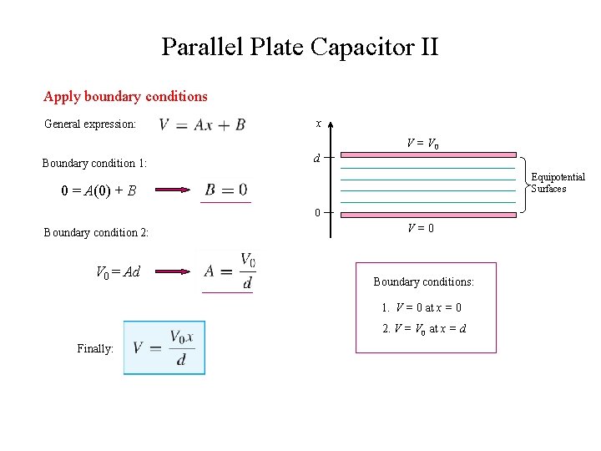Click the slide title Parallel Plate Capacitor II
tap(300, 47)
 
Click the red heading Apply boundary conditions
tap(125, 96)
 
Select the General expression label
tap(89, 124)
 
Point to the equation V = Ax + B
tap(202, 124)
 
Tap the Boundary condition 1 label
tap(94, 163)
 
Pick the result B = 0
tap(225, 190)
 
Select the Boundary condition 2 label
tap(96, 232)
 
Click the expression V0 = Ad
tap(118, 271)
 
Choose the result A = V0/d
tap(228, 271)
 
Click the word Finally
tap(95, 348)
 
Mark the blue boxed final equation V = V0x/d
tap(164, 347)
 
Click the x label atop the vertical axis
tap(318, 123)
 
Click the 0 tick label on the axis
tap(317, 213)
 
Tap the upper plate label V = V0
tap(423, 144)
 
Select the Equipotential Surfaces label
tap(558, 182)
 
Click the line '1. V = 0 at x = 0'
tap(422, 307)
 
